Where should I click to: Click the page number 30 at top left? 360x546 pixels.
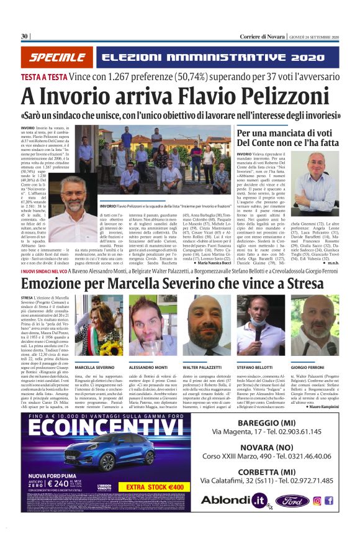pyautogui.click(x=25, y=36)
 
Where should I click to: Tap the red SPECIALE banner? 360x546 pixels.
pyautogui.click(x=58, y=58)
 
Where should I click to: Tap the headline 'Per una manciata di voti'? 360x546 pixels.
pyautogui.click(x=297, y=133)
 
